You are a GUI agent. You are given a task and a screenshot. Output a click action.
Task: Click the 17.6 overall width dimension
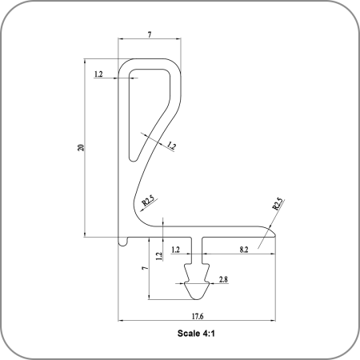tap(198, 316)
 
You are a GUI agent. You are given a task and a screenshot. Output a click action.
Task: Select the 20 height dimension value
tap(81, 148)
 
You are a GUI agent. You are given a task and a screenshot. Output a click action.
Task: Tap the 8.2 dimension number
tap(244, 250)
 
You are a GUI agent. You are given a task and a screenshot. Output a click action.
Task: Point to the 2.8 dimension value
tap(223, 279)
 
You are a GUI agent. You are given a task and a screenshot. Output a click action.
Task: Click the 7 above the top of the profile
tap(150, 34)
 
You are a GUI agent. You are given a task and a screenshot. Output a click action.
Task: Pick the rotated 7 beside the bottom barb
tap(145, 268)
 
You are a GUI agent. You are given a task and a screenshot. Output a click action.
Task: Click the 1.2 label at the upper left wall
tap(98, 74)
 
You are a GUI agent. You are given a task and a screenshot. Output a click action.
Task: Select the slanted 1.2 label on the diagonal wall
tap(171, 146)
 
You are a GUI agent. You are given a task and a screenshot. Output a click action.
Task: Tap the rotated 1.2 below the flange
tap(159, 256)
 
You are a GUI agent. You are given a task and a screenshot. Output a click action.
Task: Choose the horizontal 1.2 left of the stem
tap(175, 250)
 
